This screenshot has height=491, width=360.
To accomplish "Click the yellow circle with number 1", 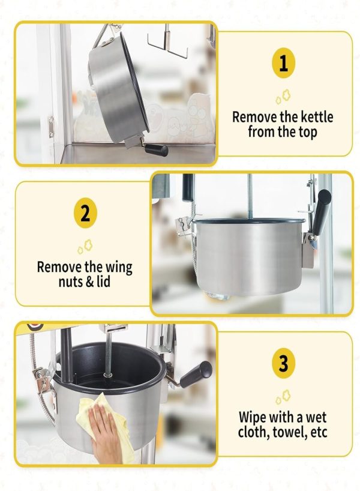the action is [283, 62].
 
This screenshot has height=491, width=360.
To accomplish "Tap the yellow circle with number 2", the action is [85, 212].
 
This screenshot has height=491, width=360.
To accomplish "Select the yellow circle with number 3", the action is [283, 363].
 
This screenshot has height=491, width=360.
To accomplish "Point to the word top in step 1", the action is [307, 132].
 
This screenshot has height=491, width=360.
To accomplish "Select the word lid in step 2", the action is [103, 282].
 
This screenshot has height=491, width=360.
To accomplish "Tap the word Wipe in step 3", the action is [253, 417].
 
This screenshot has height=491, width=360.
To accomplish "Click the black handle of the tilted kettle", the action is [156, 149].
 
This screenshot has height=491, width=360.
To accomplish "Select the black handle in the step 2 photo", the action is [322, 212].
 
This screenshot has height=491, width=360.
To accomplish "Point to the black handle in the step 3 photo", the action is [196, 374].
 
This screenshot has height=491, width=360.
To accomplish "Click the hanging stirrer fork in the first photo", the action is [167, 43].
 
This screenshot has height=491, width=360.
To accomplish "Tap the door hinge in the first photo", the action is [51, 127].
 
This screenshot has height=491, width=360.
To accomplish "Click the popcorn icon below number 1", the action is [283, 96].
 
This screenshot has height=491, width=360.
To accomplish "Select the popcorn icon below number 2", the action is [85, 246].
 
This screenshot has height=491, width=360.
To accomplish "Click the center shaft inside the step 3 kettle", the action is [108, 354].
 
